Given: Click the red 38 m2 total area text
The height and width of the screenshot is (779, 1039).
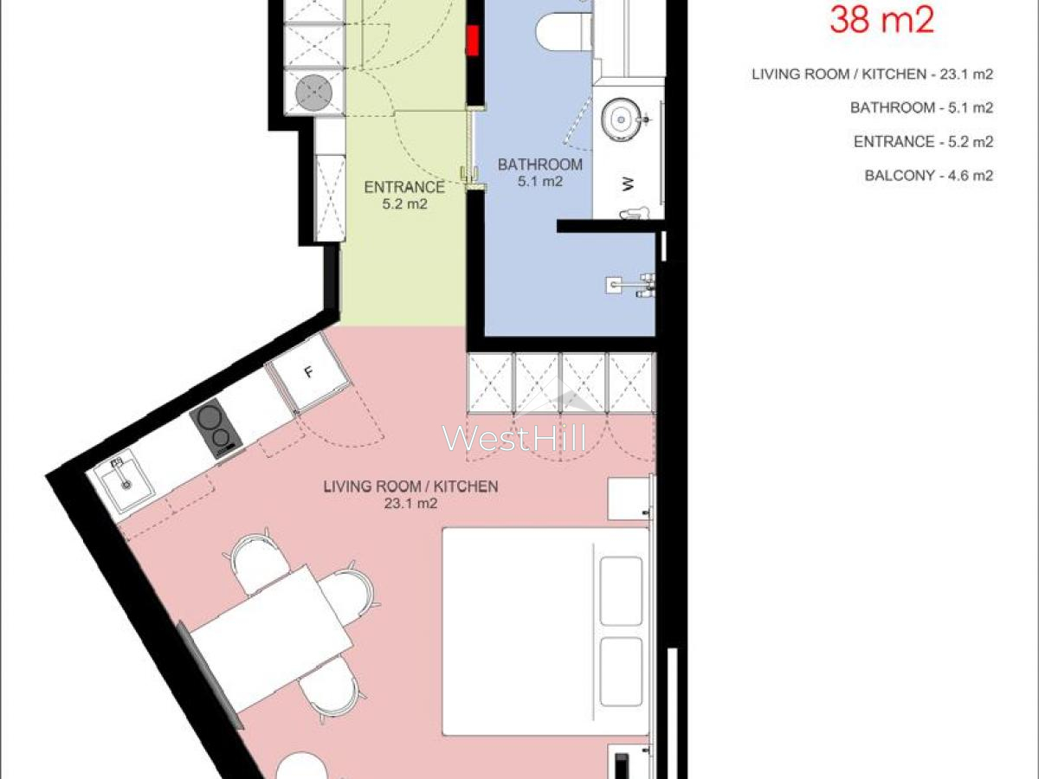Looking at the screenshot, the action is coord(881,20).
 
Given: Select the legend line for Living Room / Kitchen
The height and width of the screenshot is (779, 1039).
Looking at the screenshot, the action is coord(872,74).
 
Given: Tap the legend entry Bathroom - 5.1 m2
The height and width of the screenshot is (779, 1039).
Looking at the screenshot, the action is coord(921,108).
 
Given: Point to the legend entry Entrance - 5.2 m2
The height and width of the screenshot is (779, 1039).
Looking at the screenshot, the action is coord(923,142).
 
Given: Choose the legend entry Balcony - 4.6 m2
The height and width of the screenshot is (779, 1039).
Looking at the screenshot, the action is coord(929,176).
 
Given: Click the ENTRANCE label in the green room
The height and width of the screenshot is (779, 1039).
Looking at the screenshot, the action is coord(404,187).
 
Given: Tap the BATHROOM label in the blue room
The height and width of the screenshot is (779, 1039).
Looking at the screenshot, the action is coord(539,164).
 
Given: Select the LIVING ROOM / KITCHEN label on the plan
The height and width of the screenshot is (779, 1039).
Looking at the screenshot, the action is coord(410,486).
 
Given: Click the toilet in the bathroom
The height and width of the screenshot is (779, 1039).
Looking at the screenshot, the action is coord(564,31).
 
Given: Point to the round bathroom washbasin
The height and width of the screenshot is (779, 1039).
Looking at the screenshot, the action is coord(622,119).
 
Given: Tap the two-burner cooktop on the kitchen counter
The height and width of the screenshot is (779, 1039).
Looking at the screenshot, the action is coord(216,428).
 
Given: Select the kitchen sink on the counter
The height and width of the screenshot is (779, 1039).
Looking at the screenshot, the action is coord(124,481).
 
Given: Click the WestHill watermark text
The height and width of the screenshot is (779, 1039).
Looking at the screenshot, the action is coord(514,438).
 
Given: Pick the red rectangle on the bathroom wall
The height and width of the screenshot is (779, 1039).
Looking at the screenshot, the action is coord(473,41).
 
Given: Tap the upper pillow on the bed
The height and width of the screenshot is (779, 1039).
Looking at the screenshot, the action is coord(621,591).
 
